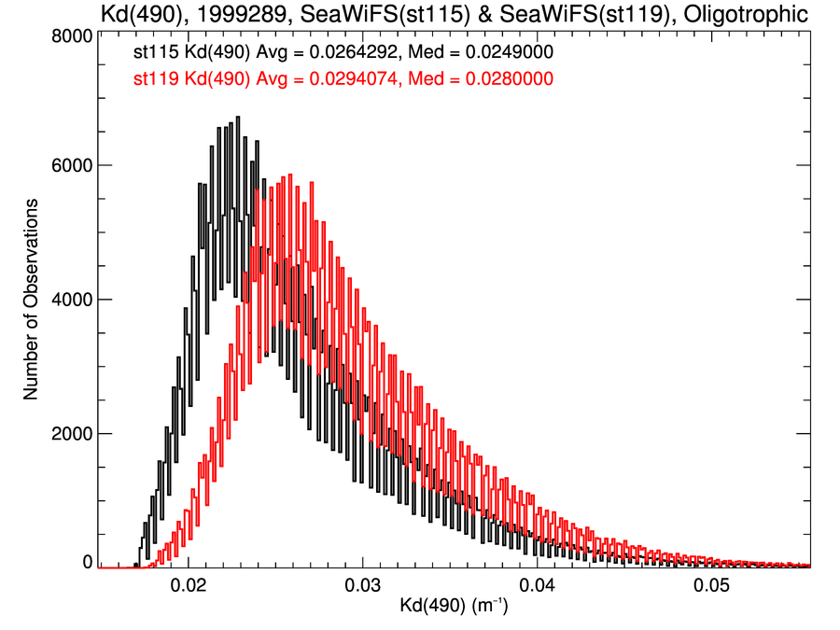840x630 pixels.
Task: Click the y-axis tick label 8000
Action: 70,35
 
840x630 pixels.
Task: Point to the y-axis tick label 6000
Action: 70,165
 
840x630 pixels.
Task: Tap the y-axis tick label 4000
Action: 70,300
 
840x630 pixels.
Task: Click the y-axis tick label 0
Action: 85,562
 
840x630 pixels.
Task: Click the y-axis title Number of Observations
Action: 31,299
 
